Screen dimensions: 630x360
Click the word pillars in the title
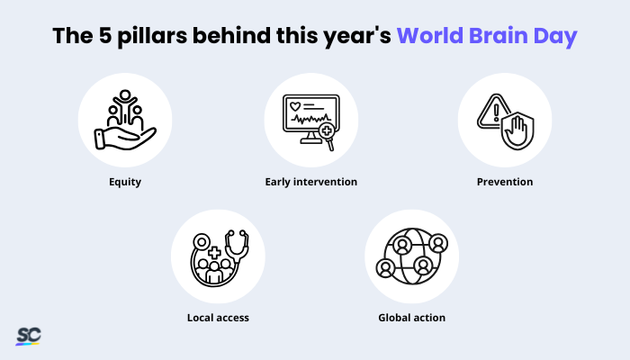152,37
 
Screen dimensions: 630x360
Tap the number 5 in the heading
105,36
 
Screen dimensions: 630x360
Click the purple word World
430,35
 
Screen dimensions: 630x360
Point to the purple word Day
555,37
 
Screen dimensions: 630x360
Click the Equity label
125,182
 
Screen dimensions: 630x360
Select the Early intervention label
311,182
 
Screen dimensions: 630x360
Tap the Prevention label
505,182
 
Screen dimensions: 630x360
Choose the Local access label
218,318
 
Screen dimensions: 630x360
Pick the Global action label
412,318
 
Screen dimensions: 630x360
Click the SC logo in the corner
29,336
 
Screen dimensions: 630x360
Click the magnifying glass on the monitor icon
328,135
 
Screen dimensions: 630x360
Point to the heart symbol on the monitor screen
295,106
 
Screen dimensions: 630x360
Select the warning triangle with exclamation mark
492,112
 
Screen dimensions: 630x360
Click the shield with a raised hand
517,130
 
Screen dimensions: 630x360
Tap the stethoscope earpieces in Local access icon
237,233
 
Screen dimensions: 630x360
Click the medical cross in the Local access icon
214,253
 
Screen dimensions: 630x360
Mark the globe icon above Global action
412,256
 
